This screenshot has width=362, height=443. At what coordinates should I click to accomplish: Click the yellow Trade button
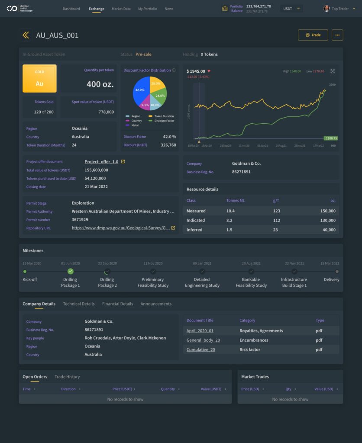pyautogui.click(x=313, y=35)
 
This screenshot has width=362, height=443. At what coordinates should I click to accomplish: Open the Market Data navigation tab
pyautogui.click(x=121, y=9)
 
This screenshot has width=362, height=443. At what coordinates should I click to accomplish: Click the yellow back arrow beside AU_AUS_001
pyautogui.click(x=26, y=35)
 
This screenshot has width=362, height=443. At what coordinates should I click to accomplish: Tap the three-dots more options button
pyautogui.click(x=337, y=35)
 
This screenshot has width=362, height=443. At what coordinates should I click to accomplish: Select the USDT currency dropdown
pyautogui.click(x=291, y=9)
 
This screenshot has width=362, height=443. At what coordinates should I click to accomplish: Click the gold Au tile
pyautogui.click(x=39, y=78)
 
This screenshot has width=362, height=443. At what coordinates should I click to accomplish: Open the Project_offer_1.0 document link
pyautogui.click(x=101, y=162)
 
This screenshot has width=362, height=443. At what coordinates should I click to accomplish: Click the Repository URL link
pyautogui.click(x=121, y=228)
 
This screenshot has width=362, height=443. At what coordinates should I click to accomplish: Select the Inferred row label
pyautogui.click(x=194, y=230)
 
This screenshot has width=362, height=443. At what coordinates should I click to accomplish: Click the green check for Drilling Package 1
pyautogui.click(x=71, y=271)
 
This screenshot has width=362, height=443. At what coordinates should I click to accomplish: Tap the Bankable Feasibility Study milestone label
pyautogui.click(x=251, y=282)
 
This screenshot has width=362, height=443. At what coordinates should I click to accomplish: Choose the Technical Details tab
pyautogui.click(x=78, y=304)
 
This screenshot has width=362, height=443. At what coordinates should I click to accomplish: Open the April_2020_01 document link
pyautogui.click(x=200, y=331)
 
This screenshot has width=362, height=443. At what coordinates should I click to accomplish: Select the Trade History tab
pyautogui.click(x=67, y=377)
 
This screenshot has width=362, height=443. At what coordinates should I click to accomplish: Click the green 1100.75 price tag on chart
pyautogui.click(x=330, y=138)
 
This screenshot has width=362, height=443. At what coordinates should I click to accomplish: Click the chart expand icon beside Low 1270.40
pyautogui.click(x=333, y=71)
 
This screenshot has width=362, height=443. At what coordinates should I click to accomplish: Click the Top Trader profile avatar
pyautogui.click(x=326, y=9)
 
